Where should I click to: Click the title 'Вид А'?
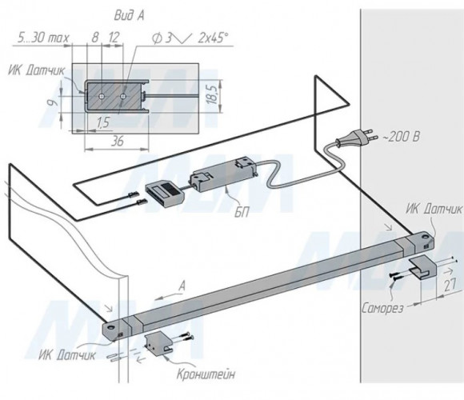coord(130,16)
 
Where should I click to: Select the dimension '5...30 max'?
coord(43,38)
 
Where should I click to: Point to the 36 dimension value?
coord(117,142)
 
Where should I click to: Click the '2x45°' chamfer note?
coord(213,38)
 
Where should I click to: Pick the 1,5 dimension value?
coord(103,122)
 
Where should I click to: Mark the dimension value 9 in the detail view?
coord(54,103)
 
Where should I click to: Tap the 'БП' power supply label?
coord(242,212)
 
